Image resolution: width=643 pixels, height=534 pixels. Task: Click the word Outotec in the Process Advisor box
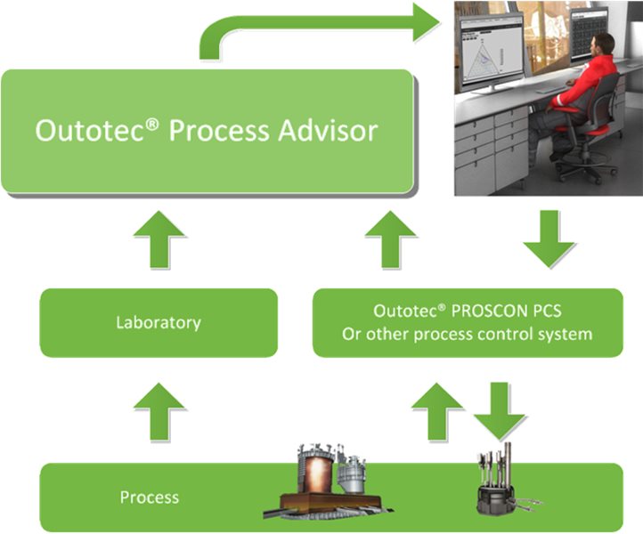(x=85, y=130)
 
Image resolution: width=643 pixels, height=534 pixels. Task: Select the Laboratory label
(x=159, y=322)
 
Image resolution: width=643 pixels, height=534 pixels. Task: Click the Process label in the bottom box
(x=150, y=497)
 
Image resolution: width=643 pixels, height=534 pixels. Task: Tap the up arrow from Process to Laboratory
(x=159, y=409)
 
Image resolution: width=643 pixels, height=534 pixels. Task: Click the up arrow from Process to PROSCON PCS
(x=437, y=409)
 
